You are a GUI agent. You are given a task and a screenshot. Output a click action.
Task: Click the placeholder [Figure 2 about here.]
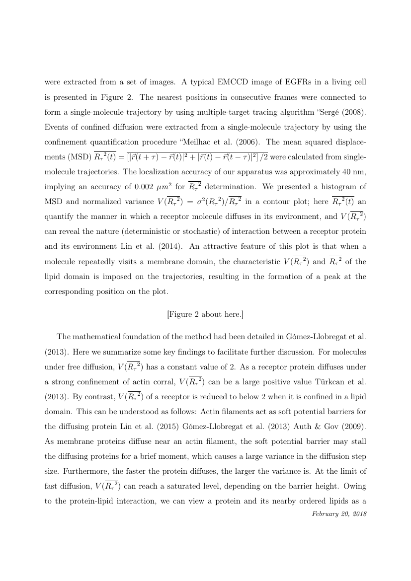(205, 314)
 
